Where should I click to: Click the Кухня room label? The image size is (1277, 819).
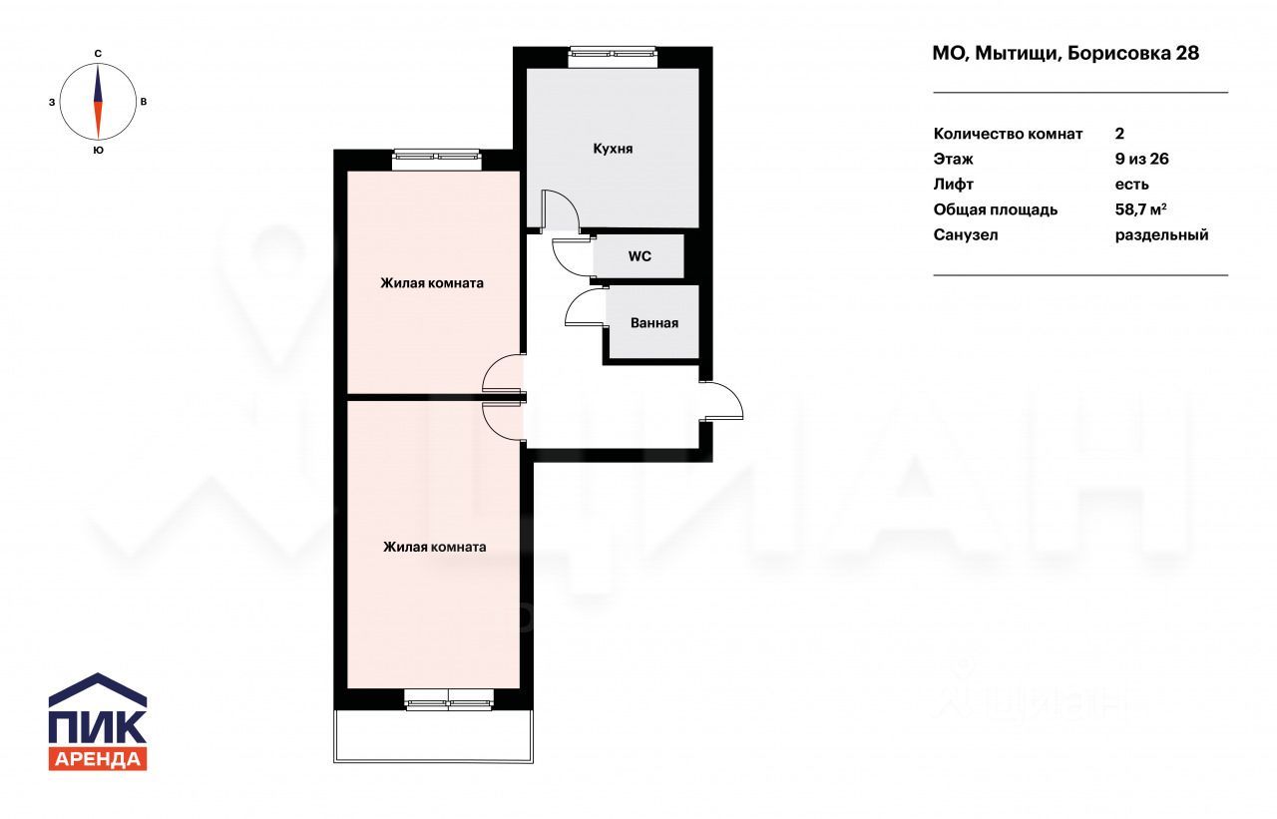(x=613, y=149)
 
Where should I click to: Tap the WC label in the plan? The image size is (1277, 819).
(x=639, y=256)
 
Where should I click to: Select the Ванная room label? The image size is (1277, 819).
(x=654, y=323)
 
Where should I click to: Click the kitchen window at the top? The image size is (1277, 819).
(x=614, y=54)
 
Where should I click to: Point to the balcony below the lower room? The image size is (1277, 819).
(x=433, y=736)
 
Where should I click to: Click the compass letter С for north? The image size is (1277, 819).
(x=98, y=54)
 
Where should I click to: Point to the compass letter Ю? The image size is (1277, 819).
(x=98, y=151)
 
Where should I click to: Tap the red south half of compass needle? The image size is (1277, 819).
(x=98, y=121)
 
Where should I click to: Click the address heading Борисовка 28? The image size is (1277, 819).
(x=1133, y=53)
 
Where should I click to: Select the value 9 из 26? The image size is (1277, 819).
(x=1142, y=159)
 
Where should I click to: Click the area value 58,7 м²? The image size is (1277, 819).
(x=1140, y=209)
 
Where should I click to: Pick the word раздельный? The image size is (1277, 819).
(x=1162, y=234)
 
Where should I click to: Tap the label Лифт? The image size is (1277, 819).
(x=953, y=185)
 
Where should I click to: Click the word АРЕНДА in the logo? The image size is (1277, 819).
(x=98, y=759)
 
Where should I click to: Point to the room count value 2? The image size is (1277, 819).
(x=1119, y=134)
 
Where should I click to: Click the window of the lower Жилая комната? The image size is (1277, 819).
(x=449, y=699)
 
